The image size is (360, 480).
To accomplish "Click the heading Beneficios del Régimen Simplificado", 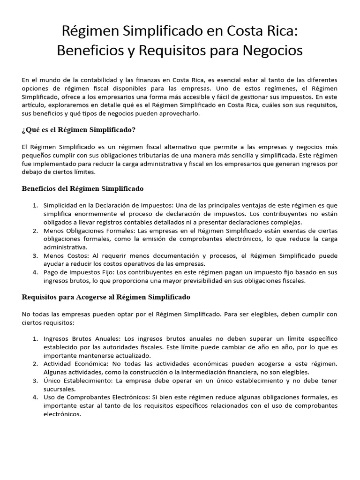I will [x=82, y=188].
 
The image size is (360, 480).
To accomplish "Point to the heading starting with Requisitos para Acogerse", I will [x=106, y=297].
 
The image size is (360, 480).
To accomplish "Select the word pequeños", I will [x=36, y=155].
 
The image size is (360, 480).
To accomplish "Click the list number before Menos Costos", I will [x=35, y=256].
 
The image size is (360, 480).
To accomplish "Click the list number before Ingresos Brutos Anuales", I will [x=35, y=338].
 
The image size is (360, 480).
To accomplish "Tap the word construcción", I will [x=162, y=372].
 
